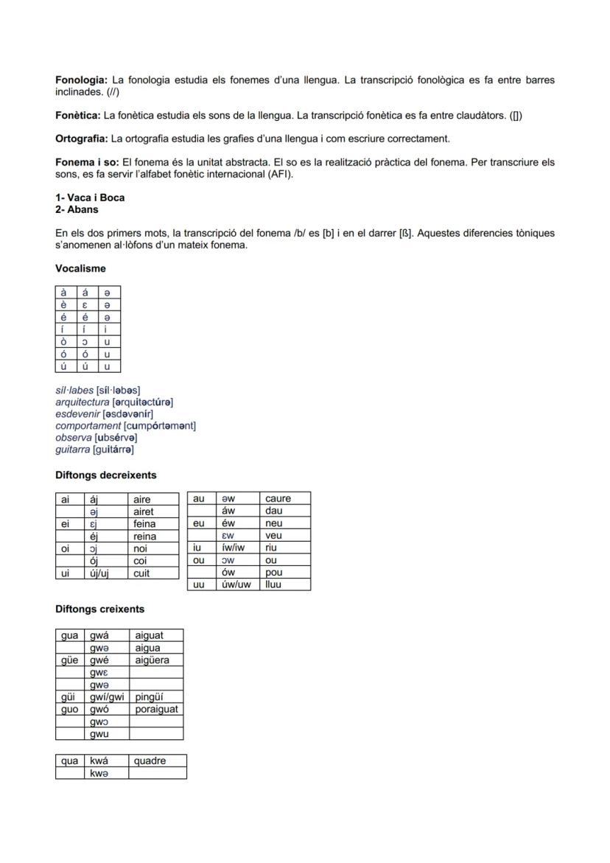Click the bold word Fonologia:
click(82, 80)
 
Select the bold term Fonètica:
click(78, 116)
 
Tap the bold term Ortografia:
click(82, 139)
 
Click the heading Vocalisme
click(80, 269)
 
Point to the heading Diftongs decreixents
click(106, 475)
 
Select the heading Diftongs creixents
click(99, 609)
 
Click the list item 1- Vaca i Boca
click(90, 198)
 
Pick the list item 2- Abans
click(77, 209)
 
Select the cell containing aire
click(152, 499)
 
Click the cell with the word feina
click(152, 524)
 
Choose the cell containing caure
click(284, 499)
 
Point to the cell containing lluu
click(284, 584)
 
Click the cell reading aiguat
click(155, 635)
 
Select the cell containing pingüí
click(155, 696)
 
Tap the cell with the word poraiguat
click(155, 709)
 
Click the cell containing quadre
click(157, 761)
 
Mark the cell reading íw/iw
click(236, 548)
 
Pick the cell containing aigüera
click(155, 660)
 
